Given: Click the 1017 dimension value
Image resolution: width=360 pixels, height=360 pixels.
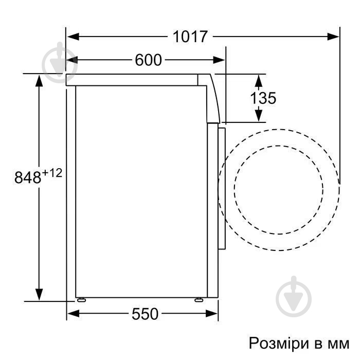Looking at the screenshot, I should coord(190,37).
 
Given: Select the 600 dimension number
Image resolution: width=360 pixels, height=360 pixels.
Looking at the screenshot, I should coord(148,60).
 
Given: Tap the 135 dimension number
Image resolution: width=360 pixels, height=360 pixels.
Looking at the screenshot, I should coord(263,98).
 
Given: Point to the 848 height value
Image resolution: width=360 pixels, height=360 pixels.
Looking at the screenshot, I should coord(27,178).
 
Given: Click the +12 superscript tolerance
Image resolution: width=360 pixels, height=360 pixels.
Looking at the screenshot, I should coord(52,173).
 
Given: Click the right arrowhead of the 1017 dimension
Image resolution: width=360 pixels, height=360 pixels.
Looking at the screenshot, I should coord(334,37).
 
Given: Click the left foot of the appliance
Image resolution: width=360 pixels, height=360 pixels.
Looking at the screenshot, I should coord(80,299).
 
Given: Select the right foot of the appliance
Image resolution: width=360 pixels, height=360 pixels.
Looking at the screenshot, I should coord(199,299).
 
